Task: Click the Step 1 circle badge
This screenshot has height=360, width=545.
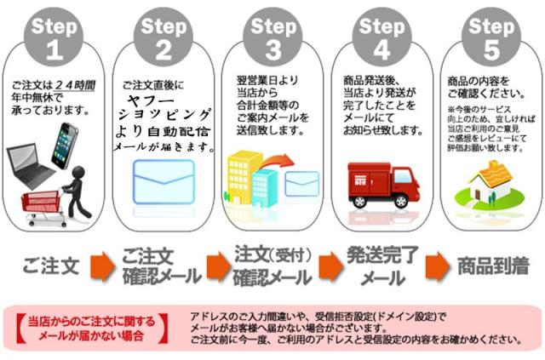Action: pos(54,35)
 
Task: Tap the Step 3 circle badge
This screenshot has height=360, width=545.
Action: pos(272,35)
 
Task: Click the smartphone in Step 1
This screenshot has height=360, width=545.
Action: pos(66,144)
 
